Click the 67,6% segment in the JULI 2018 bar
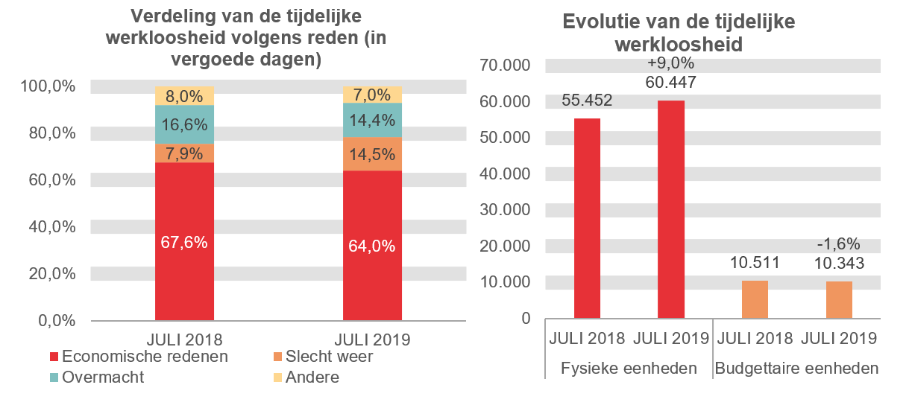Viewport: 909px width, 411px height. pyautogui.click(x=184, y=241)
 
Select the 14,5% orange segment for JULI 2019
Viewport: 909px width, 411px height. pyautogui.click(x=372, y=154)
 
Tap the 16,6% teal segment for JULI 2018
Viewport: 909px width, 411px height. pyautogui.click(x=184, y=124)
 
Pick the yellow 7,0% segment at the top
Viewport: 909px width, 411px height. pyautogui.click(x=372, y=95)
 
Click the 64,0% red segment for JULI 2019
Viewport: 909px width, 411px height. pyautogui.click(x=372, y=246)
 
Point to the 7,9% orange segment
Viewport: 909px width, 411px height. pyautogui.click(x=184, y=153)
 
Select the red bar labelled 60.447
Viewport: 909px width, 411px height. pyautogui.click(x=670, y=208)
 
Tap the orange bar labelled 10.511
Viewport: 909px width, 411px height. pyautogui.click(x=755, y=299)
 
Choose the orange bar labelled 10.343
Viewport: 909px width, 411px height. pyautogui.click(x=839, y=299)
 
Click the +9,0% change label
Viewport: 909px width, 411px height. pyautogui.click(x=670, y=63)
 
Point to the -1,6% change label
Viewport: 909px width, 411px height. pyautogui.click(x=839, y=243)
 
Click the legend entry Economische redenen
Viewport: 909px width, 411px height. pyautogui.click(x=138, y=357)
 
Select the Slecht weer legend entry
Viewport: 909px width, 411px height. pyautogui.click(x=321, y=357)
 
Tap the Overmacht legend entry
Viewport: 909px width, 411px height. pyautogui.click(x=96, y=377)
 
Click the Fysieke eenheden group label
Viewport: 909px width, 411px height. pyautogui.click(x=628, y=368)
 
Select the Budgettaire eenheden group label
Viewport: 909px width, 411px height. pyautogui.click(x=796, y=368)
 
